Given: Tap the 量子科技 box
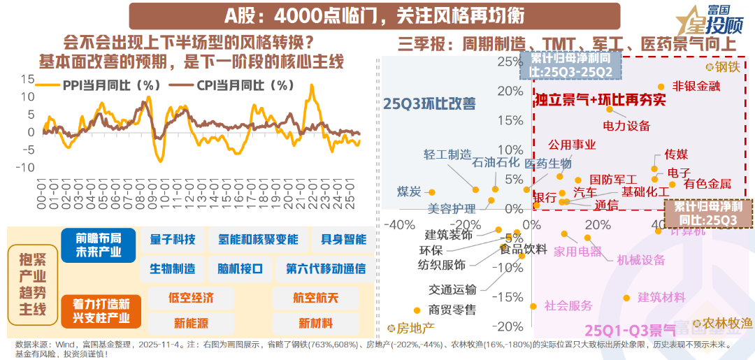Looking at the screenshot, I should (172, 239).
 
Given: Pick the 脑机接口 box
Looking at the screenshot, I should (240, 268).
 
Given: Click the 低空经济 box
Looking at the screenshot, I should (191, 297).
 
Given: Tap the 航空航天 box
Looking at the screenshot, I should (316, 297).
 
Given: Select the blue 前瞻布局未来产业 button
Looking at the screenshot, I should (98, 245).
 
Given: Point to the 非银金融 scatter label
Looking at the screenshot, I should (696, 86).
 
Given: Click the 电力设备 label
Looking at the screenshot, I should (626, 126).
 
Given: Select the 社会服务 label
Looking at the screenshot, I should (568, 305).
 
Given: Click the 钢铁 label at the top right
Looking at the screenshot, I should (727, 67).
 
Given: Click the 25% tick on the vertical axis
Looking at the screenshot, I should (504, 62).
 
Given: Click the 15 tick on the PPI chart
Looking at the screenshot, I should (27, 78).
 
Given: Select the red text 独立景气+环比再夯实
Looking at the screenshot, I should (600, 100).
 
